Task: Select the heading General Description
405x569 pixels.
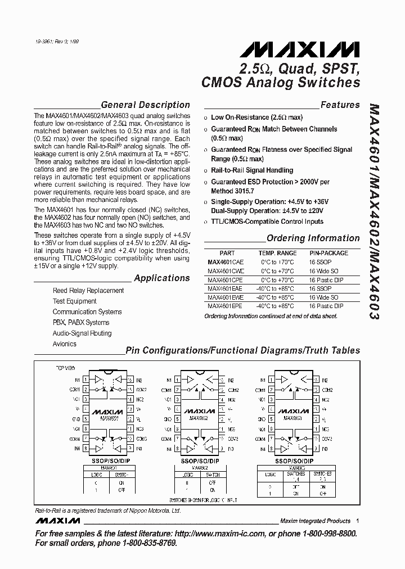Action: pos(145,105)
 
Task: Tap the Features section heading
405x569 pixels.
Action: pos(340,105)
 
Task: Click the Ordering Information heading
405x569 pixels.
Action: pos(313,238)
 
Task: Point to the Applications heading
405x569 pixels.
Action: pos(162,278)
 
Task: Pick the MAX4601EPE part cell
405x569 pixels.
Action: pos(225,306)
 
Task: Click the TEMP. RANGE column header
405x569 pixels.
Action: pos(277,253)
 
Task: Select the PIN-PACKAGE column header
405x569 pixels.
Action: pos(328,253)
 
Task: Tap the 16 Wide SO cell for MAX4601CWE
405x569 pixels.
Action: pos(323,271)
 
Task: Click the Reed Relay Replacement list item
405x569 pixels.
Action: pos(88,291)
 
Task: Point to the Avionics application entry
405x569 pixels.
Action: pos(65,344)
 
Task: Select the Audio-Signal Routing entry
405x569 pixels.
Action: pos(82,333)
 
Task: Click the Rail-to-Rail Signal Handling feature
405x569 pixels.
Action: pos(252,170)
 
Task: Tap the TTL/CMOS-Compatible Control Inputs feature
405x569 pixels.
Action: pos(267,222)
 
